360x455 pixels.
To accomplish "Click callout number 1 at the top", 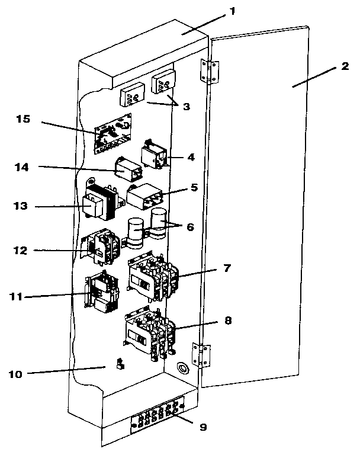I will (x=234, y=11).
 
